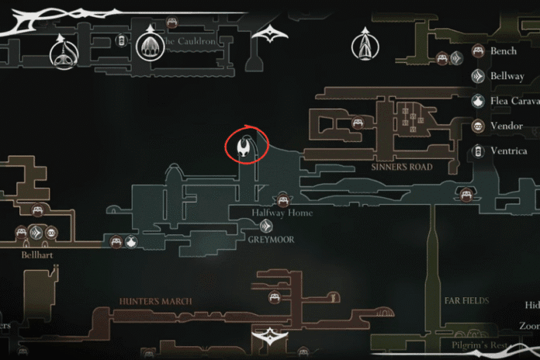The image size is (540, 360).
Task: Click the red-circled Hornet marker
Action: coord(247,145)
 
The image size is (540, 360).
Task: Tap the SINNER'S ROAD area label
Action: coord(401,167)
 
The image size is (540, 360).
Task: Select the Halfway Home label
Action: coord(282,213)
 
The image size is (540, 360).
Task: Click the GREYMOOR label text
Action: coord(271,240)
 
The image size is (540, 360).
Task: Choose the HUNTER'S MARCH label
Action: coord(156,301)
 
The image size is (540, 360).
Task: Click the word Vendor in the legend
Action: coord(507,126)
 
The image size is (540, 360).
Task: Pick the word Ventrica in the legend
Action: coord(509,151)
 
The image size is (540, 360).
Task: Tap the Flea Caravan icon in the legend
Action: coord(478,101)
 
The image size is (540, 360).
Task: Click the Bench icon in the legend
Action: coord(478,52)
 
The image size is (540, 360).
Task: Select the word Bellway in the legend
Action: coord(507,76)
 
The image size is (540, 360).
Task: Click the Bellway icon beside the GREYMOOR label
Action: coord(265,226)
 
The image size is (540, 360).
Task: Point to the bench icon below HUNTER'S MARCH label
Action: coord(274,297)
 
